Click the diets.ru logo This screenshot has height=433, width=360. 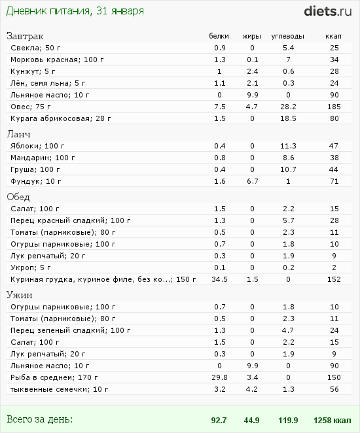pyautogui.click(x=328, y=12)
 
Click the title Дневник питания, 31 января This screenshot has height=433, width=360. pyautogui.click(x=75, y=11)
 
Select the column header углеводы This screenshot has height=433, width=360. pyautogui.click(x=287, y=37)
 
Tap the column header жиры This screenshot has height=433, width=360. pyautogui.click(x=252, y=37)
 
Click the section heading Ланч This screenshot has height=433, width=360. pyautogui.click(x=18, y=134)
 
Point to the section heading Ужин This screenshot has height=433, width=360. pyautogui.click(x=20, y=295)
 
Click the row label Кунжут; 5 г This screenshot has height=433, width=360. pyautogui.click(x=33, y=71)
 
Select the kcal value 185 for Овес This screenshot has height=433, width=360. pyautogui.click(x=334, y=107)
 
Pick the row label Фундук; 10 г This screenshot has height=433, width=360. pyautogui.click(x=35, y=181)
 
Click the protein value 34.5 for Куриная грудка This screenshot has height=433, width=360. pyautogui.click(x=220, y=279)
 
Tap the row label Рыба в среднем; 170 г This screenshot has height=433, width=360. pyautogui.click(x=54, y=377)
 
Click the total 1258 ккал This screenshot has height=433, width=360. pyautogui.click(x=333, y=421)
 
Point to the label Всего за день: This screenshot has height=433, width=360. pyautogui.click(x=39, y=419)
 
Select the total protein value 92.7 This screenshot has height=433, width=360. pyautogui.click(x=219, y=421)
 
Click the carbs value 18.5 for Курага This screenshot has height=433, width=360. pyautogui.click(x=288, y=118)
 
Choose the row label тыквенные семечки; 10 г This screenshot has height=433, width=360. pyautogui.click(x=59, y=389)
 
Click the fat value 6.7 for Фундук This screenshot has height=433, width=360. pyautogui.click(x=253, y=181)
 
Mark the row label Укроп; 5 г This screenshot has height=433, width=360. pyautogui.click(x=30, y=268)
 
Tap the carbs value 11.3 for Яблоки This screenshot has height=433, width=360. pyautogui.click(x=288, y=146)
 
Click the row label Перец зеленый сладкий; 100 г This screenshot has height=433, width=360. pyautogui.click(x=71, y=330)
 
